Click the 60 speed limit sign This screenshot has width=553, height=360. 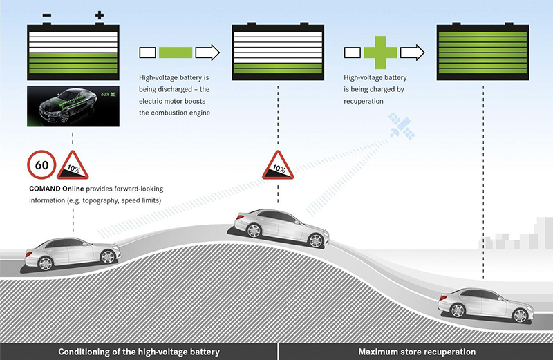[x=41, y=165]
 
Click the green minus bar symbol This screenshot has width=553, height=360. [x=177, y=52]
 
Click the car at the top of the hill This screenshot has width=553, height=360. [x=280, y=227]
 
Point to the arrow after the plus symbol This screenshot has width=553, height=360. [x=413, y=52]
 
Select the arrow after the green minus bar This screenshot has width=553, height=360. [x=207, y=52]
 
